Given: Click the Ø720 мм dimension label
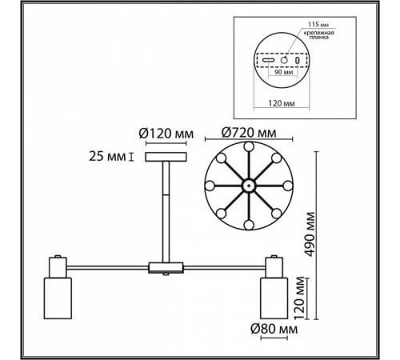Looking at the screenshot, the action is click(x=249, y=133).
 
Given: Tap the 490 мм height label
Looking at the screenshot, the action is click(x=310, y=234).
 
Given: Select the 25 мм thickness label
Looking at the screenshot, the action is click(x=107, y=156).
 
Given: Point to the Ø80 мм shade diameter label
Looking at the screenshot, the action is click(x=274, y=329).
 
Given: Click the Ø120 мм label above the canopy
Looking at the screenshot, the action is click(x=166, y=134).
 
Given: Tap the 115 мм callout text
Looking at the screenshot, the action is click(x=318, y=24).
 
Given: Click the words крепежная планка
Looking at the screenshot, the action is click(x=319, y=35).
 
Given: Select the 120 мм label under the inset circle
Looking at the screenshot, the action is click(x=282, y=103).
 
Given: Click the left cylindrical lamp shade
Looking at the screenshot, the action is click(x=58, y=298).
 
